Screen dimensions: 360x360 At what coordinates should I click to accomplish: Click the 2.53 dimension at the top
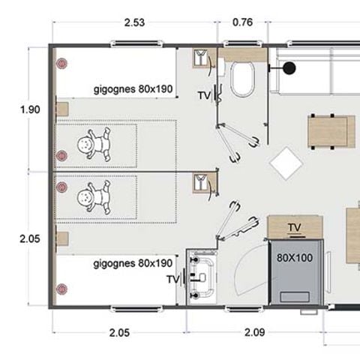(x=134, y=22)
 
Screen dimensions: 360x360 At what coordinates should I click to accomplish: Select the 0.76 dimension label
(x=242, y=22)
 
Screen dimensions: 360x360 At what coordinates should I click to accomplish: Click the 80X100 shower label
(x=295, y=256)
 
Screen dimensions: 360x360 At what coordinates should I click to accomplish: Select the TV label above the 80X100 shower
(x=295, y=227)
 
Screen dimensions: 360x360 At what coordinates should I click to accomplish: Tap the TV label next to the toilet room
(x=205, y=95)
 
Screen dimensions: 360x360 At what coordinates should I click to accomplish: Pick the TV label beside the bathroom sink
(x=172, y=279)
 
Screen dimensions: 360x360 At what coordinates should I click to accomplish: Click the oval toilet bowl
(x=243, y=79)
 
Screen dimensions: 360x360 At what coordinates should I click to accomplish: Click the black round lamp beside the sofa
(x=289, y=68)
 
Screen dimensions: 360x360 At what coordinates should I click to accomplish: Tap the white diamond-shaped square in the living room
(x=286, y=163)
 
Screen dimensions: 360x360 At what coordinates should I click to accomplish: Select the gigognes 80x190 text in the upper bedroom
(x=134, y=89)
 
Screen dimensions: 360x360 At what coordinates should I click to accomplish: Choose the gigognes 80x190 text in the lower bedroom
(x=133, y=263)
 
